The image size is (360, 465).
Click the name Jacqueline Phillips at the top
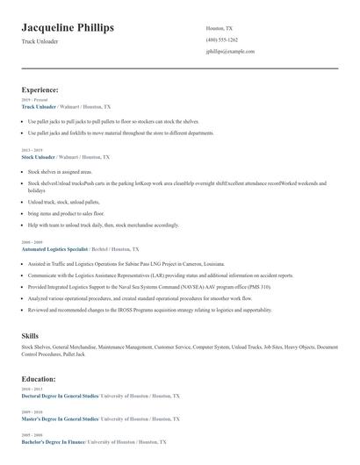coord(68,28)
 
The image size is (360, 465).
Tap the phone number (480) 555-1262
coord(221,39)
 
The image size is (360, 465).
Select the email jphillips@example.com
coord(230,51)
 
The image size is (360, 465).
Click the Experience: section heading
coord(40,89)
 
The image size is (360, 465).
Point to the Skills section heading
coord(31,335)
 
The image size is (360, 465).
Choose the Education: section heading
coord(39,378)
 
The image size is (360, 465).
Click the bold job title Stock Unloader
coord(39,157)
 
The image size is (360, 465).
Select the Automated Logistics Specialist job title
coord(56,249)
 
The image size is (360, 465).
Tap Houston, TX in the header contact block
coord(220,28)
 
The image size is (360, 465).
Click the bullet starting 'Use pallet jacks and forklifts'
coord(120,133)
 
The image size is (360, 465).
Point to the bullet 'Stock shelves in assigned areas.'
coord(60,172)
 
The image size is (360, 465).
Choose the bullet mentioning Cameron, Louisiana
coord(126,263)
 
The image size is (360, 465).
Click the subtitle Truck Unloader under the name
coord(41,42)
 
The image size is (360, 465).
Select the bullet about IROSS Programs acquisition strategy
coord(149,310)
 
